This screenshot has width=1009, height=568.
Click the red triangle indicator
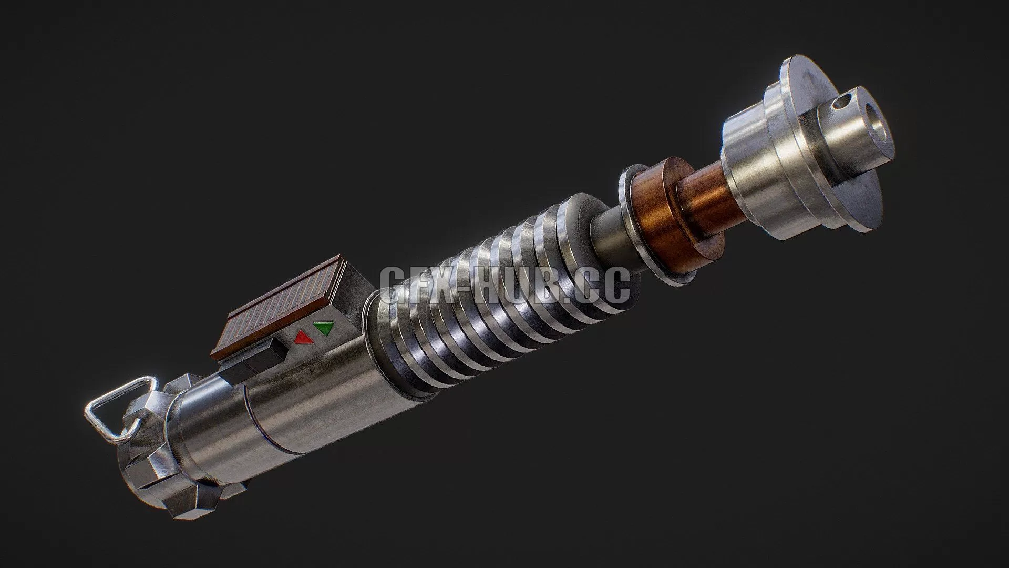pyautogui.click(x=302, y=337)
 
